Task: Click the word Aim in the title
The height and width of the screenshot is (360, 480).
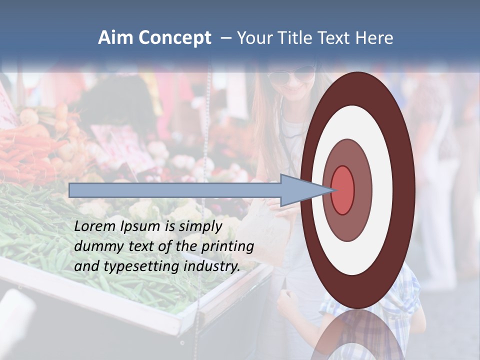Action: pyautogui.click(x=116, y=38)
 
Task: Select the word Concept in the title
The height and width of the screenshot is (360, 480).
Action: pyautogui.click(x=175, y=38)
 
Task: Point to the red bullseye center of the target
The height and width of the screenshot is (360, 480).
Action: pyautogui.click(x=342, y=190)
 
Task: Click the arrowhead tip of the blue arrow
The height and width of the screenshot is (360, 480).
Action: pyautogui.click(x=332, y=190)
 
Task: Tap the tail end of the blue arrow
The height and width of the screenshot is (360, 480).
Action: pyautogui.click(x=70, y=190)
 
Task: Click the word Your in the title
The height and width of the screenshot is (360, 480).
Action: pyautogui.click(x=254, y=38)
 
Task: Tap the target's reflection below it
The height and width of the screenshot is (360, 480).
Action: pyautogui.click(x=357, y=335)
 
